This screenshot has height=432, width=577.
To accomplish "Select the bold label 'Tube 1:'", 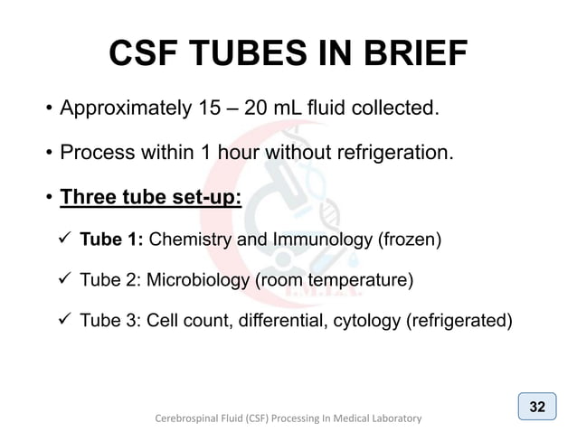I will coord(111,239).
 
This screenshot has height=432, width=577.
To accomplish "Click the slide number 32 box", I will coord(537,406).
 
